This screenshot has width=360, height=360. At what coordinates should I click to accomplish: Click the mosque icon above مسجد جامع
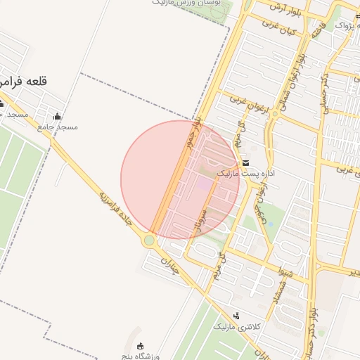click(57, 117)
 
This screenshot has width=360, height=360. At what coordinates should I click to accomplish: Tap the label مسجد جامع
click(58, 127)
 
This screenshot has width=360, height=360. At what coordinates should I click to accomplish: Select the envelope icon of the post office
click(245, 162)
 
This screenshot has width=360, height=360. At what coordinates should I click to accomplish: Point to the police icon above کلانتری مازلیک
click(236, 316)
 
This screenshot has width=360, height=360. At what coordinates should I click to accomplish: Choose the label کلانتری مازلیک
click(237, 327)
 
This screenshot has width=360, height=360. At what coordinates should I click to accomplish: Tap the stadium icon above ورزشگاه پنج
click(141, 345)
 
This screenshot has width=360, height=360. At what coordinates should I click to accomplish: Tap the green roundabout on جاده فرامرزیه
click(149, 240)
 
